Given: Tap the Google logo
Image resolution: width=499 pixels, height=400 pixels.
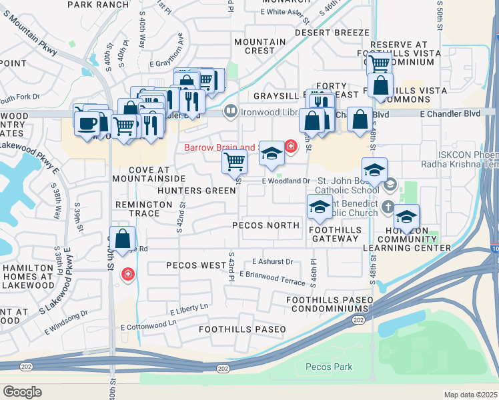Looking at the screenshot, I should point(22,391).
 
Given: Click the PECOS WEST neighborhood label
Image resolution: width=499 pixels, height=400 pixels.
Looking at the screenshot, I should point(195,265).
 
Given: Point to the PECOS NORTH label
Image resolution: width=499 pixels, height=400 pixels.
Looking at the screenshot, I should point(266,225).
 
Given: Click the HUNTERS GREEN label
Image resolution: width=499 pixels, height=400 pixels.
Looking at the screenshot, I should point(197,191).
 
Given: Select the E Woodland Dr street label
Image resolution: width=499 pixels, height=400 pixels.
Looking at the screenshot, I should point(286,181).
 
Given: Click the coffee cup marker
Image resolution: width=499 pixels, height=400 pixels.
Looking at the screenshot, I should point(86,123).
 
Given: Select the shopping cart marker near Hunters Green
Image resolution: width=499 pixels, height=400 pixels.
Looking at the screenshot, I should point(234,161).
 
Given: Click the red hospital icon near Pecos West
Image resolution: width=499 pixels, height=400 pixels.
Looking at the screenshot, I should point(127,274).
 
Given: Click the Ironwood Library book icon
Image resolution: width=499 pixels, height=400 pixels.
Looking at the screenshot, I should point(230,111).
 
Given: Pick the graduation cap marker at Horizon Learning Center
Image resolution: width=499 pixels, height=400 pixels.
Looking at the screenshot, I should point(406,216).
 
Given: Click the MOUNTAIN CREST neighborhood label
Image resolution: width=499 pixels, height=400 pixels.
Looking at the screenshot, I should point(260,46).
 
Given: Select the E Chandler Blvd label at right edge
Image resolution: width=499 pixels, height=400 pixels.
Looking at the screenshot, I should point(450,114).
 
